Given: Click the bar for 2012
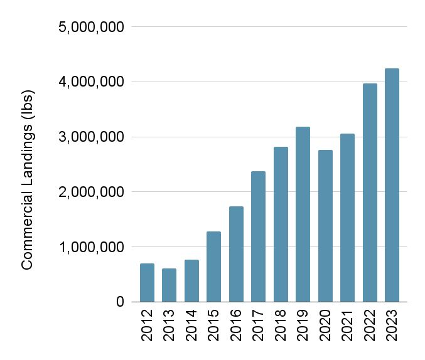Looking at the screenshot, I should point(147,283).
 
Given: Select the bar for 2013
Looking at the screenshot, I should point(169,285).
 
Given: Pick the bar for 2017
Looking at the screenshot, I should point(259,236).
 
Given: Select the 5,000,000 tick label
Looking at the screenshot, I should point(92,27).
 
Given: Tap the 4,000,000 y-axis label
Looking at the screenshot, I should point(92,82).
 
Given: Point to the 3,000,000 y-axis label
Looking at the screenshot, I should point(92,137).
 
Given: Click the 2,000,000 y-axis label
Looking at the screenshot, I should point(92,192).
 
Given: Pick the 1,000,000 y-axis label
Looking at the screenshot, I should point(92,247).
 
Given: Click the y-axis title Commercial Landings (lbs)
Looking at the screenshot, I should point(27,180).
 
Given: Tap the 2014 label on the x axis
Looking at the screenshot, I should point(191,325).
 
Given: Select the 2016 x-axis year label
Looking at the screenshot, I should point(236,325).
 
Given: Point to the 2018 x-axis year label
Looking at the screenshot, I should point(281,325).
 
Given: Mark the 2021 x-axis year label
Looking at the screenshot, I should point(348,325).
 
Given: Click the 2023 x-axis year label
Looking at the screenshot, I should point(392,325).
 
